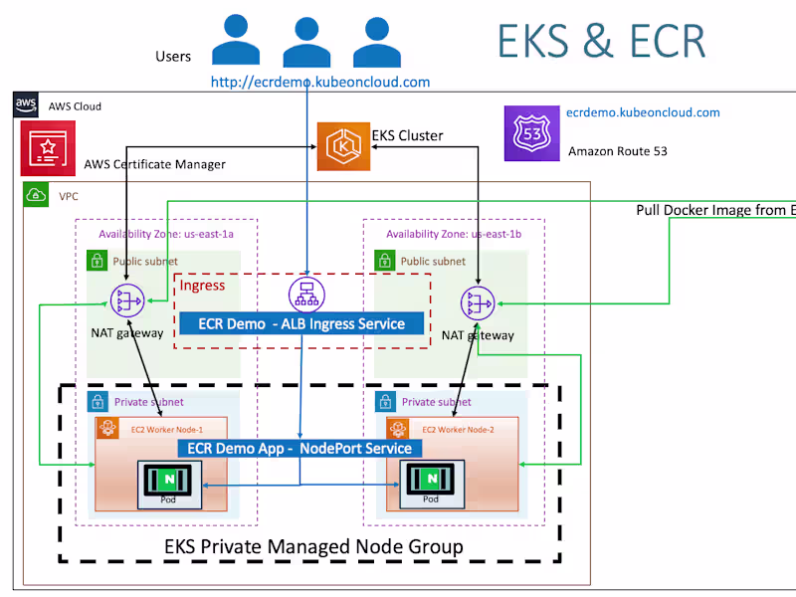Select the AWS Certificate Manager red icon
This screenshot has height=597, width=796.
(x=47, y=148)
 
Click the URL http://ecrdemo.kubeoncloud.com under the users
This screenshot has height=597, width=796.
(x=320, y=82)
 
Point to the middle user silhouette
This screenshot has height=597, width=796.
(x=306, y=42)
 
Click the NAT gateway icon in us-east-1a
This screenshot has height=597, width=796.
(x=126, y=299)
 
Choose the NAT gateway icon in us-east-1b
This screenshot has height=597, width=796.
(x=478, y=302)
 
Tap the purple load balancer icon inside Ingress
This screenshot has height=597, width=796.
(x=306, y=294)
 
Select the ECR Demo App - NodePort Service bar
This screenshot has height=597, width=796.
(x=299, y=449)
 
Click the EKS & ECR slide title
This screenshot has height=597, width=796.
(x=601, y=42)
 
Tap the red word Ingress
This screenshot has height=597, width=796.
(x=202, y=286)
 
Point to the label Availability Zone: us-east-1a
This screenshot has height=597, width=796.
(x=165, y=234)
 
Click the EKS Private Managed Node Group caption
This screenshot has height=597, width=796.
(x=313, y=546)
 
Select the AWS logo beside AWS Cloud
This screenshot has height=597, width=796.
(x=26, y=104)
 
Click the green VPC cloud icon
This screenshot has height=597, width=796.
(x=36, y=195)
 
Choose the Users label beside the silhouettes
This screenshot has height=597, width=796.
(x=173, y=57)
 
